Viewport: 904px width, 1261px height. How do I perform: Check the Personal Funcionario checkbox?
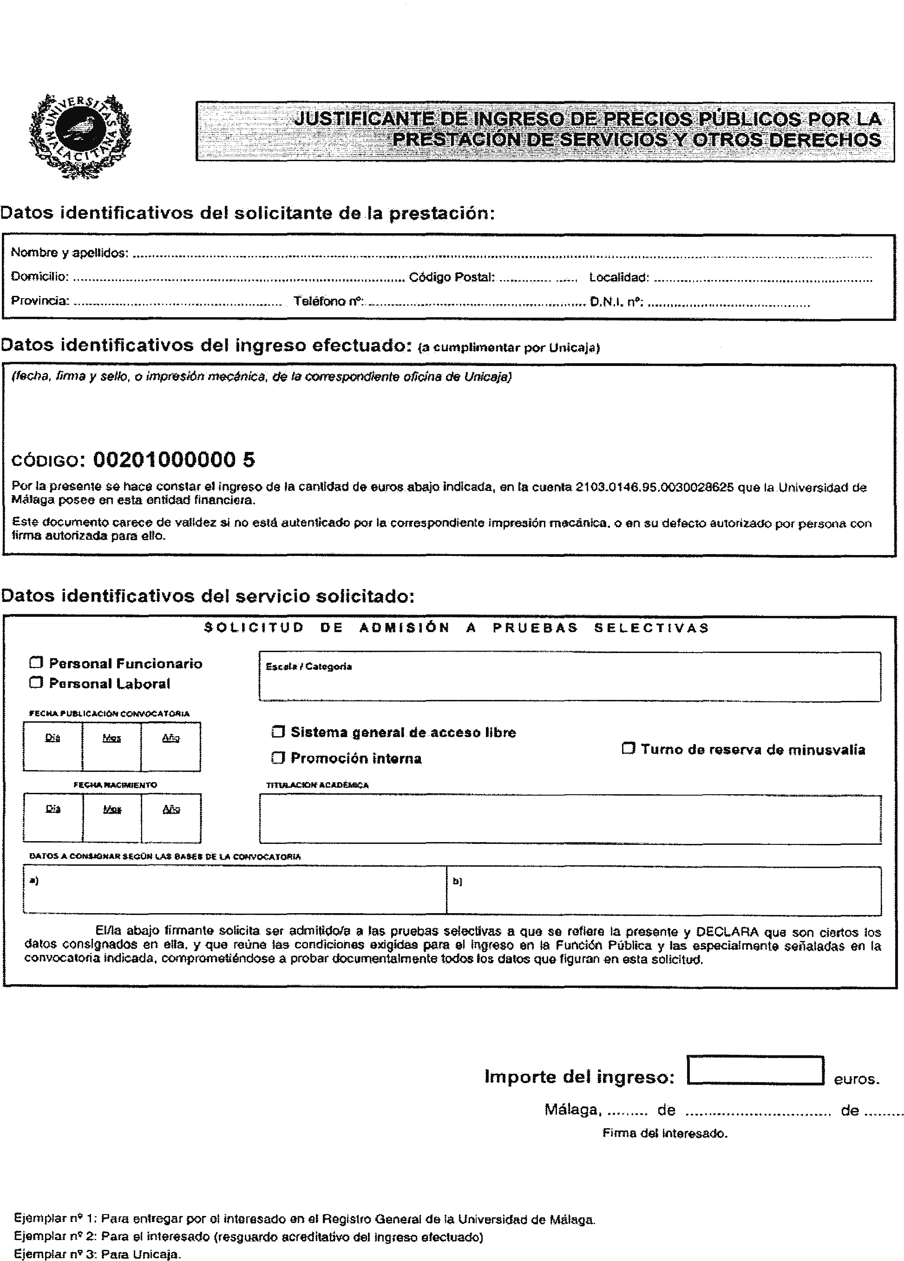(36, 662)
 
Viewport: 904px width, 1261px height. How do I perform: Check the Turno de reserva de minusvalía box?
(628, 748)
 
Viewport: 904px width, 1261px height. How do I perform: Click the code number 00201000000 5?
(174, 459)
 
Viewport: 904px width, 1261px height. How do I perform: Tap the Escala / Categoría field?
(570, 677)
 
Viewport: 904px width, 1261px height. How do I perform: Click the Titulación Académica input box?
(570, 820)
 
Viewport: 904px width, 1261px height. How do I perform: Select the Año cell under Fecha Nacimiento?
(170, 818)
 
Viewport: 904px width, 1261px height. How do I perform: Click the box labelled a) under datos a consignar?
(234, 891)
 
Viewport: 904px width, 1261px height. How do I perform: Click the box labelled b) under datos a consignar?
(663, 891)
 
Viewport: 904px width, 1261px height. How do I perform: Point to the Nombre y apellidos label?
(70, 253)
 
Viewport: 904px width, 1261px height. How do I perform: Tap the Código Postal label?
(452, 277)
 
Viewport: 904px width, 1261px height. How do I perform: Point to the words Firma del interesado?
(665, 1133)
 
